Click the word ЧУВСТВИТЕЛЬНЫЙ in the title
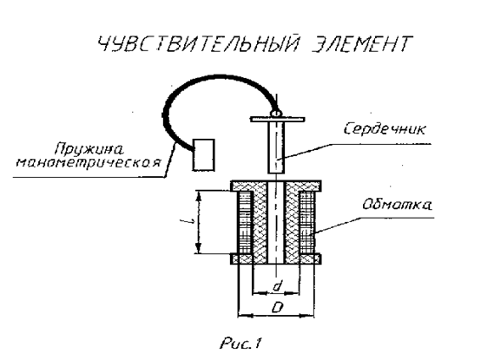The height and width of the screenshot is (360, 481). pyautogui.click(x=198, y=43)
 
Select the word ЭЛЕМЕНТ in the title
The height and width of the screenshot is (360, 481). pyautogui.click(x=361, y=44)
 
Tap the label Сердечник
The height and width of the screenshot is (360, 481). pyautogui.click(x=385, y=128)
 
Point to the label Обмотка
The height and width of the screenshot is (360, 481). pyautogui.click(x=398, y=205)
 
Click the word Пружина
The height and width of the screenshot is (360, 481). pyautogui.click(x=89, y=149)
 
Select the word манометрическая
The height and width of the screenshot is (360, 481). pyautogui.click(x=89, y=163)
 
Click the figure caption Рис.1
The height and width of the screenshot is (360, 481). pyautogui.click(x=240, y=344)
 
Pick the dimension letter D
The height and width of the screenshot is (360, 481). pyautogui.click(x=277, y=307)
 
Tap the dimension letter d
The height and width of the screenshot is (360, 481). pyautogui.click(x=277, y=286)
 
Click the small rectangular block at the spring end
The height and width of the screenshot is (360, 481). pyautogui.click(x=204, y=155)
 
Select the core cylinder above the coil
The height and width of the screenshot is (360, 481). pyautogui.click(x=277, y=147)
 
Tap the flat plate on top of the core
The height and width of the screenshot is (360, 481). pyautogui.click(x=277, y=119)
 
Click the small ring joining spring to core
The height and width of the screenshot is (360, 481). pyautogui.click(x=275, y=113)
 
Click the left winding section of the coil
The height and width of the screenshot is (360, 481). pyautogui.click(x=246, y=223)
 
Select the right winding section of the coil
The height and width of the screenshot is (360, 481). pyautogui.click(x=307, y=223)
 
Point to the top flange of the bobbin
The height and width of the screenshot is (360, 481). pyautogui.click(x=276, y=186)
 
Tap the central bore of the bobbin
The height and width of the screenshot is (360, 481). pyautogui.click(x=276, y=223)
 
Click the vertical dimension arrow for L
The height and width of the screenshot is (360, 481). pyautogui.click(x=199, y=222)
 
